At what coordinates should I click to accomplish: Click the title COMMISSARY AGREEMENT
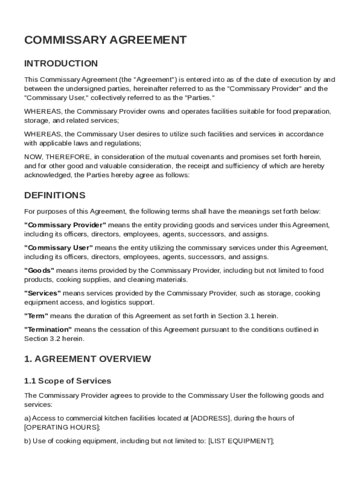coord(105,40)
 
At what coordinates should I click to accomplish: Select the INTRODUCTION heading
coord(61,64)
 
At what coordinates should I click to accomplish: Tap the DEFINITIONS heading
coord(55,196)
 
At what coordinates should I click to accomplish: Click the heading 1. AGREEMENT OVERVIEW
coord(87,359)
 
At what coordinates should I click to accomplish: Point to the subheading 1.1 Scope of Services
coord(67,381)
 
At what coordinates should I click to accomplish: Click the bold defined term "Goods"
coord(39,271)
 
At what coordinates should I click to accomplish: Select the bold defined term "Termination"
coord(48,330)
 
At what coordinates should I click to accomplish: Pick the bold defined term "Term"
coord(36,316)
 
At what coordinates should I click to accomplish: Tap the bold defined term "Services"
coord(43,293)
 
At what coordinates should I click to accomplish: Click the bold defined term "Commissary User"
coord(58,248)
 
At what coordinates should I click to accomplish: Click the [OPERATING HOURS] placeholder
coord(61,428)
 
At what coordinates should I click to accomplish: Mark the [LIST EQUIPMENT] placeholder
coord(240,441)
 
